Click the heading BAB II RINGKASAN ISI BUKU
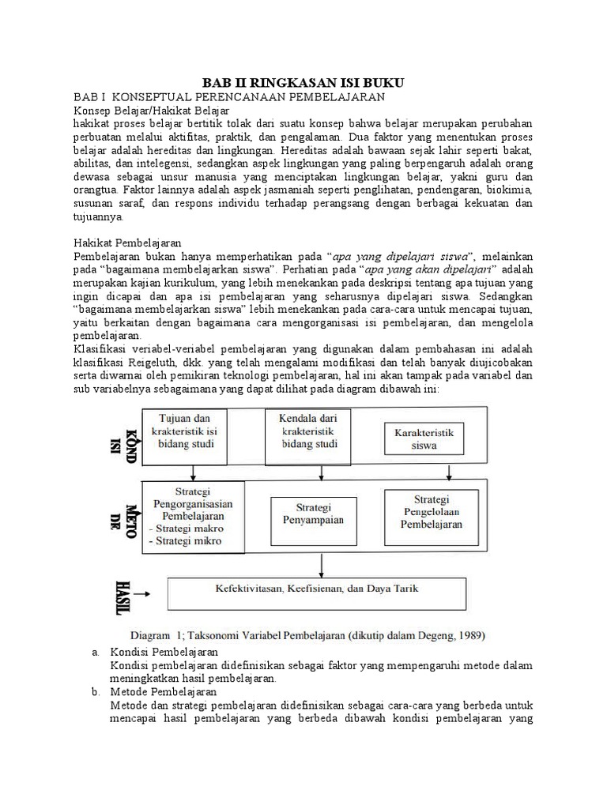click(x=303, y=82)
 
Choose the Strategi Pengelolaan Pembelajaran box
click(x=432, y=511)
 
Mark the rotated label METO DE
click(x=123, y=516)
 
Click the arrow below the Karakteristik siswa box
click(x=450, y=472)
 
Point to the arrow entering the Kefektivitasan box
click(x=320, y=563)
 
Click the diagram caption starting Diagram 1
click(x=307, y=634)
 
